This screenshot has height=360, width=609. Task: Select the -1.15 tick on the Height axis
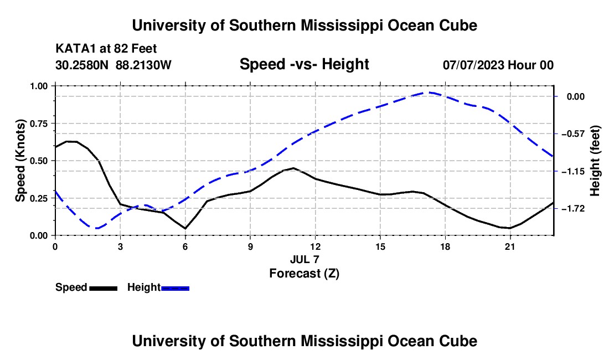(576, 171)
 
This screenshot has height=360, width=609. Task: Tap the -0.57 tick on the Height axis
(576, 134)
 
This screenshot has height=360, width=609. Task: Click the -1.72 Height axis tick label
(576, 209)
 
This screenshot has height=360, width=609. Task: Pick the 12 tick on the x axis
(316, 246)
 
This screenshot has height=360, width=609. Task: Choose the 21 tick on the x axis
(510, 246)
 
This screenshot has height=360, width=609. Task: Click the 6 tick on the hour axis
(185, 246)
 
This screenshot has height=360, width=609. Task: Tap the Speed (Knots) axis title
(20, 161)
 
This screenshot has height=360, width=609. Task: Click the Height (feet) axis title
(595, 161)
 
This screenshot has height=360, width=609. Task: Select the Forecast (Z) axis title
(304, 274)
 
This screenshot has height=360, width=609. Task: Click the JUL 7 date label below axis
(304, 259)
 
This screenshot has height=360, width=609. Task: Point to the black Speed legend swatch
(104, 289)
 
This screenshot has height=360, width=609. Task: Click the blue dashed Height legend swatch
(175, 289)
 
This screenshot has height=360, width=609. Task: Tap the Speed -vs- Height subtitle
(304, 64)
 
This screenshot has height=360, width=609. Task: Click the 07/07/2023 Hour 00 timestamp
(498, 65)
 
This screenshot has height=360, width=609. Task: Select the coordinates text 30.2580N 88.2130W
(113, 65)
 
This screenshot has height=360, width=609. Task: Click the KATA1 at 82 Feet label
(106, 49)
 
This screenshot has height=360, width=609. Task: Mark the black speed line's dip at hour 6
(185, 228)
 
